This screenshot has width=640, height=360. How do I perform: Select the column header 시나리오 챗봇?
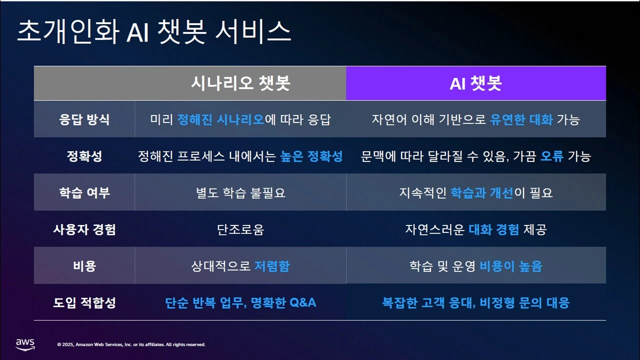pos(240,83)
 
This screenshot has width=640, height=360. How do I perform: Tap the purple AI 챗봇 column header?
pos(475,83)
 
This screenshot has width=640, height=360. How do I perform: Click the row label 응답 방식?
pos(84,119)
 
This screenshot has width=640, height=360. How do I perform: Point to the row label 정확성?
pos(84,156)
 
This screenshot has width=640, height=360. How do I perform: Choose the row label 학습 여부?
pos(84,192)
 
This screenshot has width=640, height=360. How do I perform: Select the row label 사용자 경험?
pos(84,229)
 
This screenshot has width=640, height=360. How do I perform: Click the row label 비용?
pos(84,266)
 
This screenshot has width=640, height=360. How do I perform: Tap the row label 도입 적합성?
pos(84,302)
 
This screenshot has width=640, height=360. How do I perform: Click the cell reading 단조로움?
pos(240,229)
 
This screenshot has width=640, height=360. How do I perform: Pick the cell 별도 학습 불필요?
pos(240,192)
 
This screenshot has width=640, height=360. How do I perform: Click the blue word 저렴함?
pos(271,266)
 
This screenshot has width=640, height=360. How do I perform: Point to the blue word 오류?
pos(552,156)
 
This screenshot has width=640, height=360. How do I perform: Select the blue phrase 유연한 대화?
pos(521,119)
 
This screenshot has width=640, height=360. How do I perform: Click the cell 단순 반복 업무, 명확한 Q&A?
pos(240,302)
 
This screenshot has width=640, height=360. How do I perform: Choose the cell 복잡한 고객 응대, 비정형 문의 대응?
pos(475,302)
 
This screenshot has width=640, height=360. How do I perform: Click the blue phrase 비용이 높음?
pos(510,266)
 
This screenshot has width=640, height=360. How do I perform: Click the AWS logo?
pos(25,344)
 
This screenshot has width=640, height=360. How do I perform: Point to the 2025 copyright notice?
pos(131,344)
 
